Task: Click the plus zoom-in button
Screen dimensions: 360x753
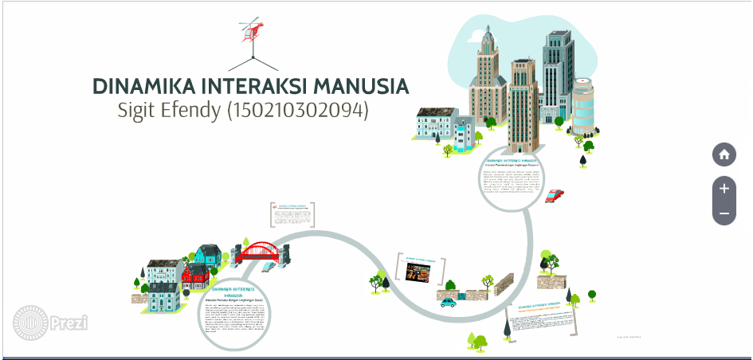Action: (724, 189)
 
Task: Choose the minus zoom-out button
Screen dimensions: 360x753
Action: (724, 213)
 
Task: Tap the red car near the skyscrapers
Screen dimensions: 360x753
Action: (556, 195)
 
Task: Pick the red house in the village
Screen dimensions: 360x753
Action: (195, 276)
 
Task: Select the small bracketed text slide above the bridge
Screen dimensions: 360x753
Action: (292, 215)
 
